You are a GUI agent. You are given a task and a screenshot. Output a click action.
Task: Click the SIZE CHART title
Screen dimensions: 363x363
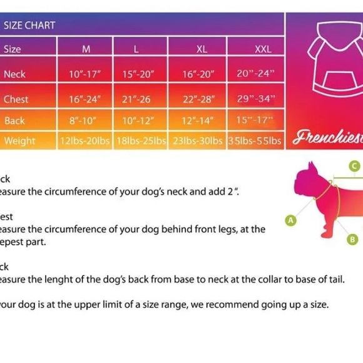click(x=29, y=26)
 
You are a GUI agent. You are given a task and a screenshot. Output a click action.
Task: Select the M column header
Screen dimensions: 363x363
click(x=86, y=49)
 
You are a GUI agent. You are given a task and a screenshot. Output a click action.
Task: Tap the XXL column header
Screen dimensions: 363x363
click(x=263, y=49)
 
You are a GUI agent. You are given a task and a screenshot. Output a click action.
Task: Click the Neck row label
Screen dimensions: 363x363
click(x=14, y=74)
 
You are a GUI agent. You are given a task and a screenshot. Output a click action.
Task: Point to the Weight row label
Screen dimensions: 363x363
click(x=19, y=140)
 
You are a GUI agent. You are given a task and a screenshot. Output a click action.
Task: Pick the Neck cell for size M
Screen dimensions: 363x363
click(x=85, y=74)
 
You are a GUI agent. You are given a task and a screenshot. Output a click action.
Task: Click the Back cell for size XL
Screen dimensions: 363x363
click(x=198, y=120)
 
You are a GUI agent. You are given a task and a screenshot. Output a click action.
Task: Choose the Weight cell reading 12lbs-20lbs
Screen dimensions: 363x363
click(x=85, y=141)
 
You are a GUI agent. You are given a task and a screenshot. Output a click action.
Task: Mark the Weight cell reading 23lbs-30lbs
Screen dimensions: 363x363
click(x=198, y=141)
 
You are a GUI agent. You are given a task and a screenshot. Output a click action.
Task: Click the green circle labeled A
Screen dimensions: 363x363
click(x=290, y=220)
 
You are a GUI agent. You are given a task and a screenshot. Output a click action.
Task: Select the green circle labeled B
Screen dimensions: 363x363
click(x=352, y=238)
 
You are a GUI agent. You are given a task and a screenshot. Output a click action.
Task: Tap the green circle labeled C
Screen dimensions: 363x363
click(x=354, y=166)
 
